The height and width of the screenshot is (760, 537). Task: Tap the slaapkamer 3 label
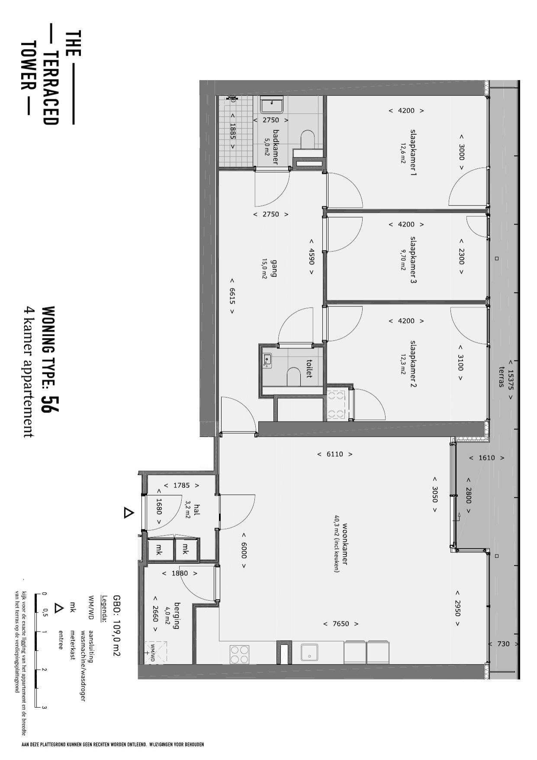tap(413, 260)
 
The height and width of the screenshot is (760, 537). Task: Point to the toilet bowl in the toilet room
tap(294, 377)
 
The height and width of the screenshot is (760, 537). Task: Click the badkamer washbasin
tap(271, 105)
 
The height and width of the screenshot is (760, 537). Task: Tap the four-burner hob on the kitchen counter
tap(239, 654)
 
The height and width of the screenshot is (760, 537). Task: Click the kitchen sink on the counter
tap(309, 653)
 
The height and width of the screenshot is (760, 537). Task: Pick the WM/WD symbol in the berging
tap(153, 652)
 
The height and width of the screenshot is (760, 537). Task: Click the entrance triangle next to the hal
tap(129, 513)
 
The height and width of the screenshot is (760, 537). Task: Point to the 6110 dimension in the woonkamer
tap(334, 454)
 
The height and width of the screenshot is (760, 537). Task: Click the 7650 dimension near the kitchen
tap(341, 624)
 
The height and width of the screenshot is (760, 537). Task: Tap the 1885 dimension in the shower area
tap(233, 131)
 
